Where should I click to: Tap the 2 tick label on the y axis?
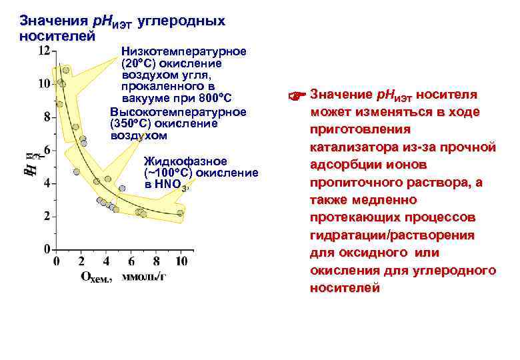tap(47, 216)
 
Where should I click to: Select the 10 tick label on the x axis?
tap(181, 260)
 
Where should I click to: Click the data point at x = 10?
tap(180, 213)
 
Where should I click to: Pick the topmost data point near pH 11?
tap(65, 70)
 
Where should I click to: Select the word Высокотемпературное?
tap(178, 112)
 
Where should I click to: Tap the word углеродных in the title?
tap(181, 21)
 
